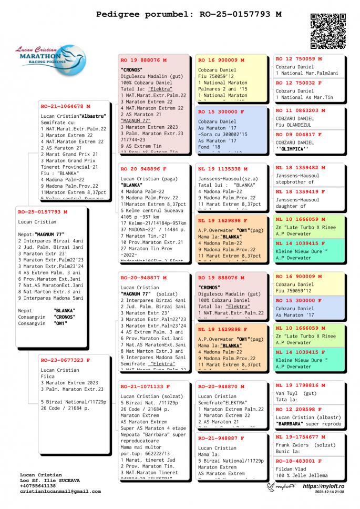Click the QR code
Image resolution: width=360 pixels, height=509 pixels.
point(328,30)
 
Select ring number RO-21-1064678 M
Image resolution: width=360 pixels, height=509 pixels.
point(66,106)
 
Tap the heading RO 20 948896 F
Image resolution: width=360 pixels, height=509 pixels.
point(143,169)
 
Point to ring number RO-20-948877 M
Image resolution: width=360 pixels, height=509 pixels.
point(143,278)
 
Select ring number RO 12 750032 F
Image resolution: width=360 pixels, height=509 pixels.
point(299,83)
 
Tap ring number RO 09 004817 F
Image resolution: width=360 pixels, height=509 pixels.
point(299,135)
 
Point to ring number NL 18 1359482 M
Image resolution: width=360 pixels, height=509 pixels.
point(301,168)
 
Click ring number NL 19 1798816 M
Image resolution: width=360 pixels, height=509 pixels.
point(301,385)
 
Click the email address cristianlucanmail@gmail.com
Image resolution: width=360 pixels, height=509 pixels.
point(60,492)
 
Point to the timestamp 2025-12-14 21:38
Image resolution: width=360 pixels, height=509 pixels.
point(330,492)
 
